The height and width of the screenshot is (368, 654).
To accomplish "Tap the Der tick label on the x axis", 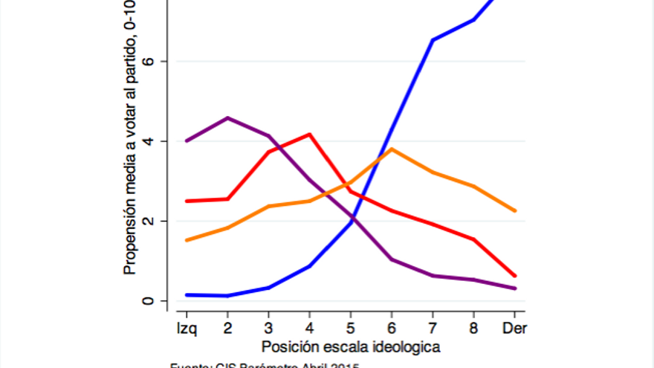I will [x=515, y=327].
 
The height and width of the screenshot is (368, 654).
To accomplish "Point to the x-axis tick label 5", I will [x=351, y=327].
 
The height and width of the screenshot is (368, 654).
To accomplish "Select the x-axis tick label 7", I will [x=433, y=327].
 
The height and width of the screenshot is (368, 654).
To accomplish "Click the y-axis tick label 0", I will [x=151, y=301].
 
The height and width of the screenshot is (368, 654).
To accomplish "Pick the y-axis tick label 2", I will [x=151, y=221].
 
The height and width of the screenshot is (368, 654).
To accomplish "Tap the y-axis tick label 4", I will [x=151, y=141].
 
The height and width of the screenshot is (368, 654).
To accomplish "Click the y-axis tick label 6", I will [x=151, y=61].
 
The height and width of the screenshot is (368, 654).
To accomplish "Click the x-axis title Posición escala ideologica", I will [x=351, y=346].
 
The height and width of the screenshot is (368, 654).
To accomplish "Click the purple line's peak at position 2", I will [x=227, y=117].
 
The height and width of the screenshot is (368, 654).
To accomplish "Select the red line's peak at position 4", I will [x=309, y=134].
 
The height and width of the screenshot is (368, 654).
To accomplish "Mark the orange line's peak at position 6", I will [x=392, y=149].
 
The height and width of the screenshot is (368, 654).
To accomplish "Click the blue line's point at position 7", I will [x=433, y=39].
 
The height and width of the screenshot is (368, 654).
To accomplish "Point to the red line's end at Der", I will [x=515, y=276].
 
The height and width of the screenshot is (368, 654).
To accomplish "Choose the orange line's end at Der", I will [x=515, y=211].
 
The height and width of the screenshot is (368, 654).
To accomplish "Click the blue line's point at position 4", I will [x=309, y=265].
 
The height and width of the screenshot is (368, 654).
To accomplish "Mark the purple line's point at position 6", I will [x=392, y=259].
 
